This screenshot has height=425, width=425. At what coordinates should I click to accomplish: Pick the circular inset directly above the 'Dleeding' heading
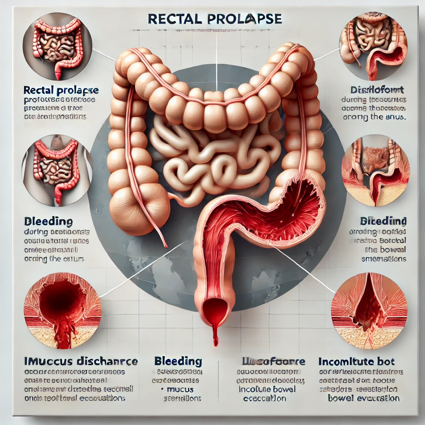[57, 171]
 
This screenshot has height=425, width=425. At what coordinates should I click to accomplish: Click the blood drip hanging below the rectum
[215, 334]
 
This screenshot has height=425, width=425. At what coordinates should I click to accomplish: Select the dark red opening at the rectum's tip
[215, 309]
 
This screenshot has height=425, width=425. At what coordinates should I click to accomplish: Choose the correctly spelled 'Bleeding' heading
[178, 361]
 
